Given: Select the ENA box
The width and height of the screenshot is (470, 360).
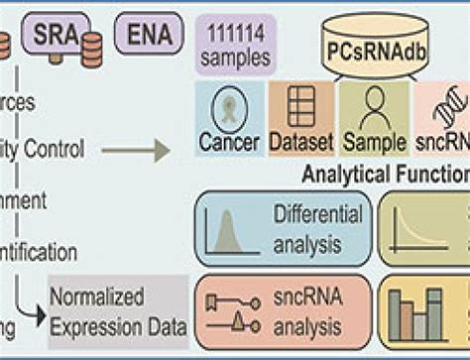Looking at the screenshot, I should pos(147,34).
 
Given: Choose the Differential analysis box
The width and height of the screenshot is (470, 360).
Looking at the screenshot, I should pos(283,227).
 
